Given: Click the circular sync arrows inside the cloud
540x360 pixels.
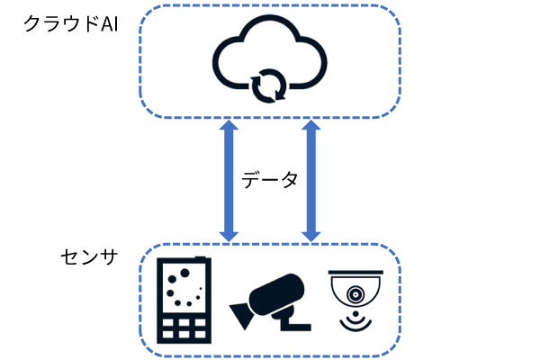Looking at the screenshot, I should pyautogui.click(x=269, y=85).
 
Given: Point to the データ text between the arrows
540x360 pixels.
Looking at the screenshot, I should pyautogui.click(x=270, y=180).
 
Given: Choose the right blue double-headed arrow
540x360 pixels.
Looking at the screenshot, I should pyautogui.click(x=311, y=182).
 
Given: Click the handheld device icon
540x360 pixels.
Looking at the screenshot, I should pyautogui.click(x=184, y=301).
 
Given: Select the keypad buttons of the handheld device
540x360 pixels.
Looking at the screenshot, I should pyautogui.click(x=184, y=327).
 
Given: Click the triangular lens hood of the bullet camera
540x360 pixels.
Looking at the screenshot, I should pyautogui.click(x=241, y=316).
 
